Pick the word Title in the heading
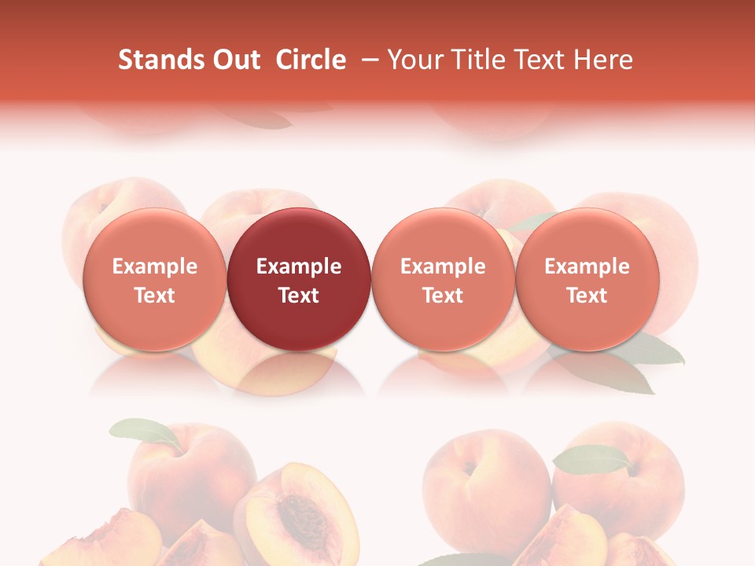[x=481, y=60]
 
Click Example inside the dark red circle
[x=299, y=266]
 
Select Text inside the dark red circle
[x=299, y=296]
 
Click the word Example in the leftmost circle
[x=154, y=266]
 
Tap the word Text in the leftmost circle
[x=154, y=296]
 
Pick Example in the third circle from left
[x=443, y=266]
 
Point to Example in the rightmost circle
[x=587, y=266]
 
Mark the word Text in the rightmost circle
[x=587, y=296]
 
